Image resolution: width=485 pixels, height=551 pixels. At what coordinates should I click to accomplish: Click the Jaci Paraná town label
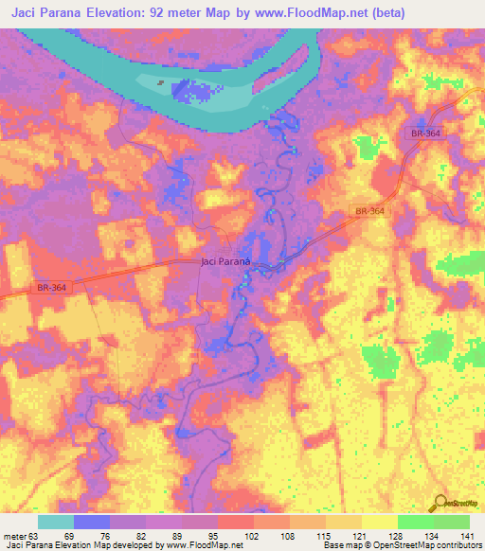coord(225,261)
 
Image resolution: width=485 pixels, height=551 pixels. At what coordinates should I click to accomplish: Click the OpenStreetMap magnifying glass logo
coord(440,503)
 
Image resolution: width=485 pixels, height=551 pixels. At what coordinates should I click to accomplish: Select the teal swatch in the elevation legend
coord(56,522)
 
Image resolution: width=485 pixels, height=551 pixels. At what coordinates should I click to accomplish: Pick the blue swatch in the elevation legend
coord(92,522)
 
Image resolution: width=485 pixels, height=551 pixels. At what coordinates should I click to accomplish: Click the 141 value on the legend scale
coord(468,537)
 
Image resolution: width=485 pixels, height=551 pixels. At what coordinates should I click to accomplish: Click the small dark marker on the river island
coord(160,83)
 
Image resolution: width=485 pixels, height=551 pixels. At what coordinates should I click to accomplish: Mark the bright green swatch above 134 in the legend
coord(416,522)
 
